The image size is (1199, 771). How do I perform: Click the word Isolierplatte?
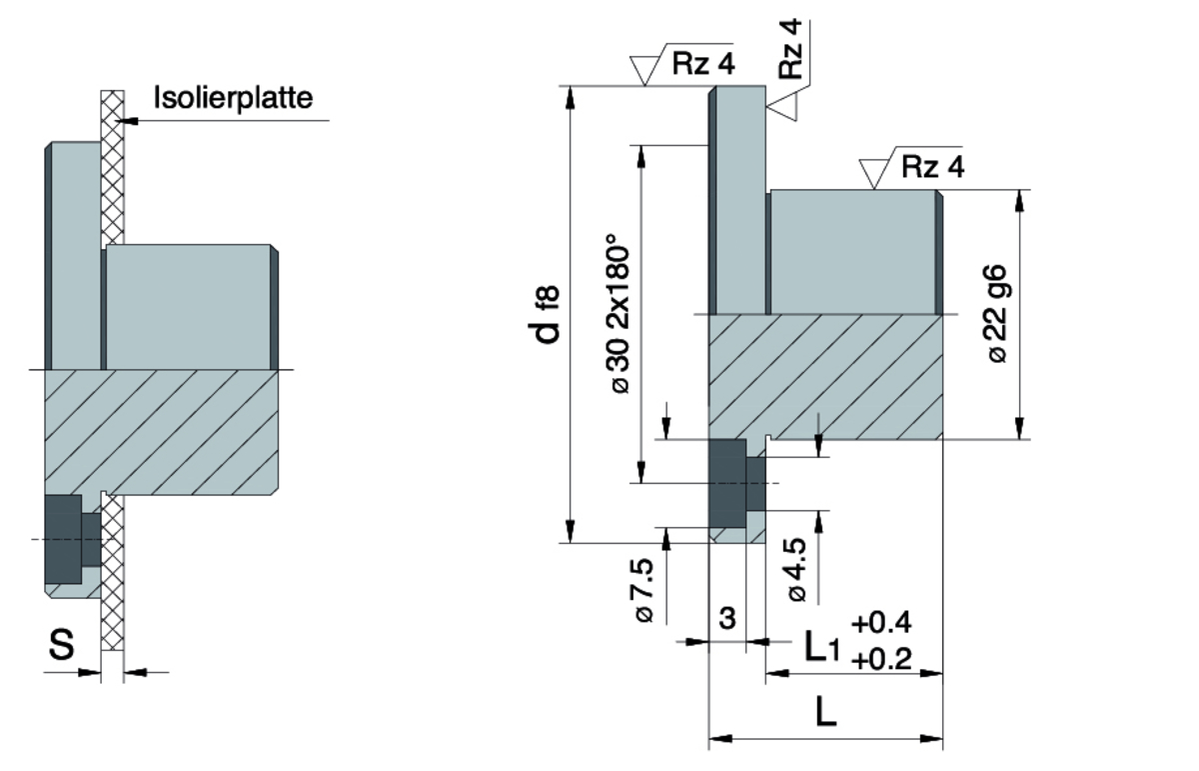click(x=234, y=98)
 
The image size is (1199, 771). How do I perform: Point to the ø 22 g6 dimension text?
click(x=998, y=314)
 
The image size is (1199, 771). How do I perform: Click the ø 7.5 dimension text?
click(x=644, y=591)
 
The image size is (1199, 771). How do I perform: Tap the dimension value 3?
click(x=726, y=619)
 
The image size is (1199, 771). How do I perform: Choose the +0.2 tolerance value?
click(x=881, y=659)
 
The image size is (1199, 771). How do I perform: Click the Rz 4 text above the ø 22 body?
click(x=932, y=166)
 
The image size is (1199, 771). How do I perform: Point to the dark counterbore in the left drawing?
click(x=64, y=540)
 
